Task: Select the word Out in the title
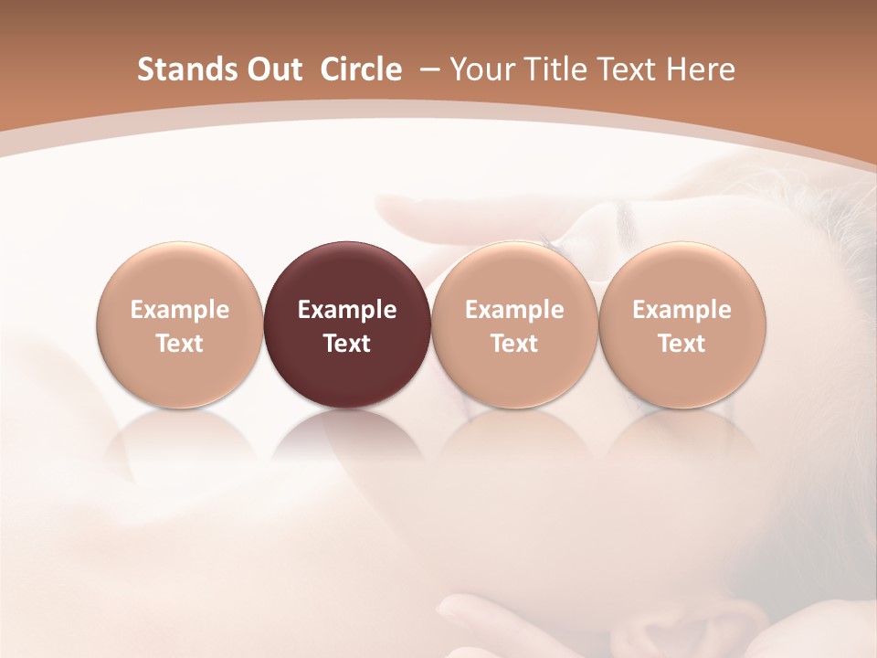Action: coord(272,69)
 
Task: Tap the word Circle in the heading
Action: coord(361,69)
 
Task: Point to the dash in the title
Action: coord(428,69)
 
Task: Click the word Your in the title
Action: coord(481,69)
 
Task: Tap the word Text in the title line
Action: coord(627,69)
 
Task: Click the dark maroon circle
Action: coord(347,324)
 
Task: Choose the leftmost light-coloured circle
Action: coord(180,324)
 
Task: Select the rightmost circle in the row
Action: coord(682,324)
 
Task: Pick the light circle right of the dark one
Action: coord(514,324)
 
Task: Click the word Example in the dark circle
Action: coord(347,310)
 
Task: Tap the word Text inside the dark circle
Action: coord(347,344)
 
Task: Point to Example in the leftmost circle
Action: coord(180,310)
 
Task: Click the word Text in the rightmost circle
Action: coord(682,344)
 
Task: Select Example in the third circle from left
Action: coord(514,310)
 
